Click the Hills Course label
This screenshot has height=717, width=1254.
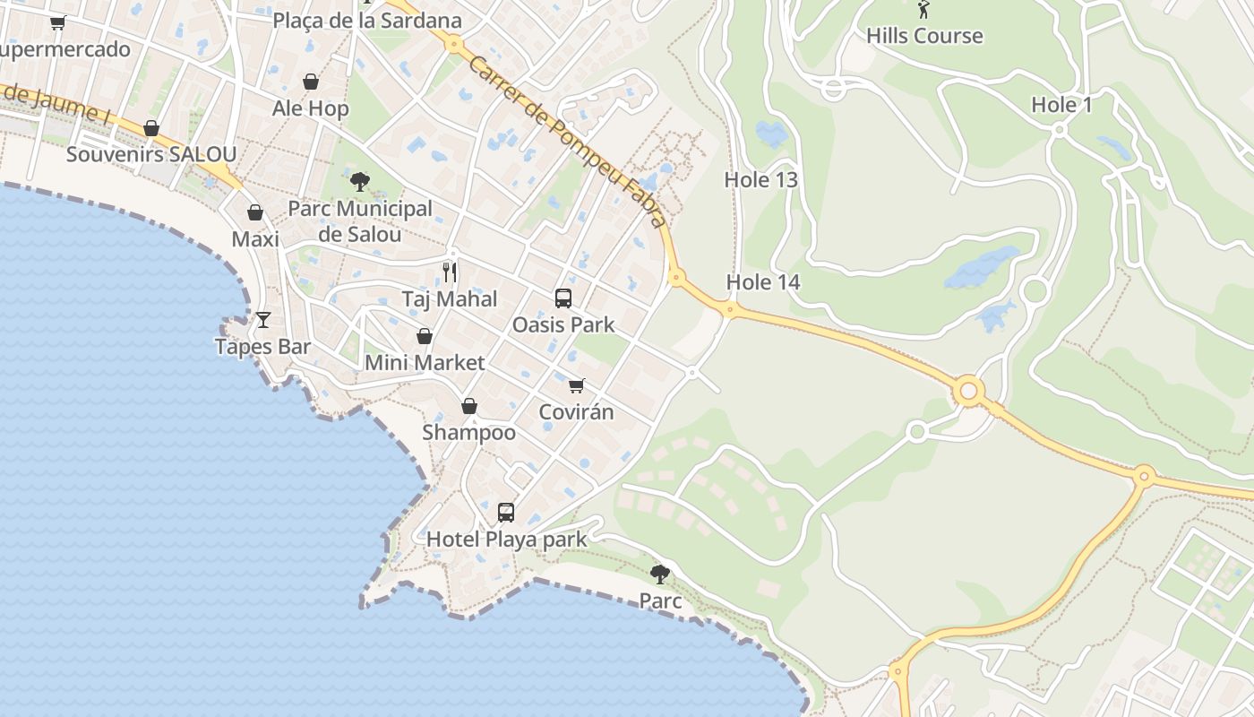(x=924, y=36)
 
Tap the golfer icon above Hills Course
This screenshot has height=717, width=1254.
(x=923, y=10)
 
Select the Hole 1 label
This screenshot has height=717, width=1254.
(x=1061, y=105)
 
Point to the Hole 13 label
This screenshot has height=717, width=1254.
(x=760, y=180)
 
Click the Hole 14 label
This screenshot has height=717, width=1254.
(x=762, y=282)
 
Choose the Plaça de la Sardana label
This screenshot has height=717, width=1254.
(x=367, y=21)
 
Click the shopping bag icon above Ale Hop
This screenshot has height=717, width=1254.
(x=311, y=82)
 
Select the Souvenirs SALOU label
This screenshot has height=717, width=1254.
(x=151, y=154)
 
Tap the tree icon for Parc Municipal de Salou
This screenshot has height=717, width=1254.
(x=360, y=183)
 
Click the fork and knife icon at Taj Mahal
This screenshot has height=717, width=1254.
(x=450, y=272)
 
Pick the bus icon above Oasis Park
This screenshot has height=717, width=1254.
(x=563, y=298)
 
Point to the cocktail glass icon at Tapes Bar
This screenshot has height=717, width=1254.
(x=263, y=320)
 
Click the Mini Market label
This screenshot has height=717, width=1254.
(x=425, y=363)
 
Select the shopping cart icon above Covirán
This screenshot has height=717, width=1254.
(x=577, y=385)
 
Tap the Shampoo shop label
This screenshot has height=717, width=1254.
(x=469, y=433)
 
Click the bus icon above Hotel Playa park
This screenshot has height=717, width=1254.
(x=506, y=513)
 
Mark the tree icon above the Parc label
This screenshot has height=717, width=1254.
(x=660, y=574)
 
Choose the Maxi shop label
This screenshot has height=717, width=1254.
(x=255, y=239)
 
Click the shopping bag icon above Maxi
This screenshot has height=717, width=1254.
(x=255, y=213)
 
